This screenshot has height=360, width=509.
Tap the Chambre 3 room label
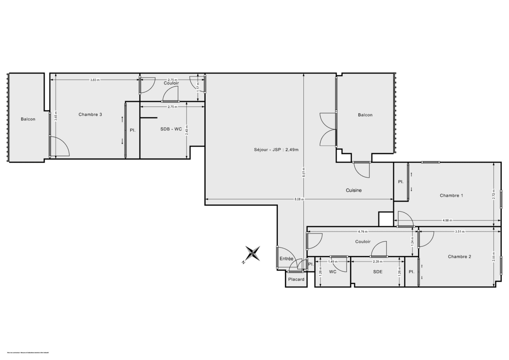point(90,114)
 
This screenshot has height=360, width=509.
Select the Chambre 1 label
point(451,195)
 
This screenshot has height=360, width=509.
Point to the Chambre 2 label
point(459,257)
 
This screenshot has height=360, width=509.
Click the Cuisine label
point(354,190)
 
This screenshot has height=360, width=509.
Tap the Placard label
point(296,279)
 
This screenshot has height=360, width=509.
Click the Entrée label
point(286,259)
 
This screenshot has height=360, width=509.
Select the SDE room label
point(378,272)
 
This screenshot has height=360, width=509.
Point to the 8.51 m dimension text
point(304,171)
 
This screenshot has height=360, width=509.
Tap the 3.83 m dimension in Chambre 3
point(95,80)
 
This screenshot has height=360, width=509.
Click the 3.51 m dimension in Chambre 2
point(460,232)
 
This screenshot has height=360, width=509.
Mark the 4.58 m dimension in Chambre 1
point(447,220)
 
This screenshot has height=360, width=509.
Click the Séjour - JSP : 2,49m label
point(276,149)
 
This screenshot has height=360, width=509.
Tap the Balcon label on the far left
point(28,119)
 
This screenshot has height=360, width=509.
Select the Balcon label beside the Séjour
point(365,115)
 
